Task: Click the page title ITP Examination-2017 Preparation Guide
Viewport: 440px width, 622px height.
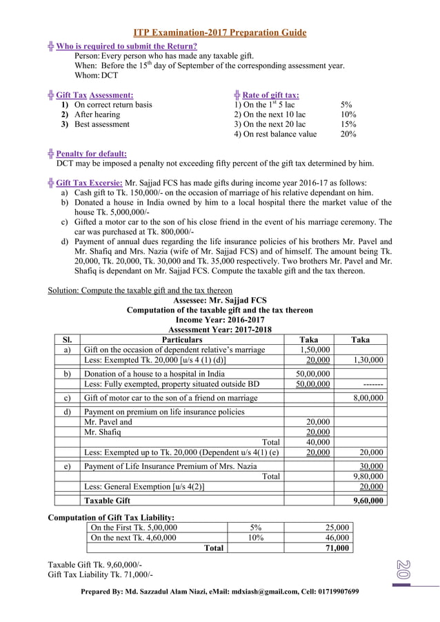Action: pos(220,32)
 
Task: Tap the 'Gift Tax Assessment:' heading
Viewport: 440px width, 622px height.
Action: pos(94,94)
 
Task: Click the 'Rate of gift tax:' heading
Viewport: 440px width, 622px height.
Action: pos(271,94)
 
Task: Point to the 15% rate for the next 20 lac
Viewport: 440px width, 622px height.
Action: pos(348,124)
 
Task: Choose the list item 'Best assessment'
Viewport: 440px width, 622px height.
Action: pos(101,124)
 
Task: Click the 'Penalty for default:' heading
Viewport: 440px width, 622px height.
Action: pos(91,153)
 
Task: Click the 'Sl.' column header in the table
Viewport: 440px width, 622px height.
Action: pos(68,340)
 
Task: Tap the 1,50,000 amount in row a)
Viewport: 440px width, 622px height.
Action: pos(314,350)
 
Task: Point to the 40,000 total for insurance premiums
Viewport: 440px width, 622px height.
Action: pos(317,442)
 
